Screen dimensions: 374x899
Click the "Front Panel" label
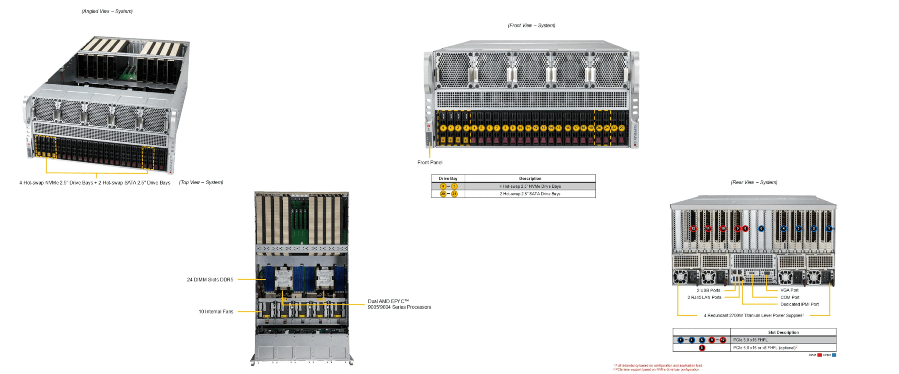tap(430, 162)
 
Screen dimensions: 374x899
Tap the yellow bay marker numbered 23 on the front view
tap(622, 128)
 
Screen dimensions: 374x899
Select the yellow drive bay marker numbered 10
tap(520, 128)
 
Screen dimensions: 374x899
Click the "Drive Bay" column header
tap(448, 178)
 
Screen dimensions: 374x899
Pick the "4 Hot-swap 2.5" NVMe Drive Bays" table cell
tap(530, 186)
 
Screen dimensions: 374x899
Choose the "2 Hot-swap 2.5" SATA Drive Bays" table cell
tap(530, 194)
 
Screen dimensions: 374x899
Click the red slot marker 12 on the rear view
tap(693, 228)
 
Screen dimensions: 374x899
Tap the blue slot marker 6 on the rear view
tap(761, 228)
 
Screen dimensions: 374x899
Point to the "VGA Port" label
tap(789, 290)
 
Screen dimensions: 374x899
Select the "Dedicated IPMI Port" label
tap(799, 304)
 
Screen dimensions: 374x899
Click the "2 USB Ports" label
tap(708, 290)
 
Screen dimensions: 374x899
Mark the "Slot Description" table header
tap(783, 332)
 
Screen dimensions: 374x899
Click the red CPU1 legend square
tap(820, 355)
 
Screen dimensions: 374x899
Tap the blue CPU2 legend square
tap(834, 355)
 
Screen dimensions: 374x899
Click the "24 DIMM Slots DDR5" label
tap(210, 279)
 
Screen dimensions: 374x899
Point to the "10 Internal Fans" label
tap(216, 312)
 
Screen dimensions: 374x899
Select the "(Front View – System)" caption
tap(531, 25)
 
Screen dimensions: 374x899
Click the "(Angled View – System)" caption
tap(107, 11)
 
